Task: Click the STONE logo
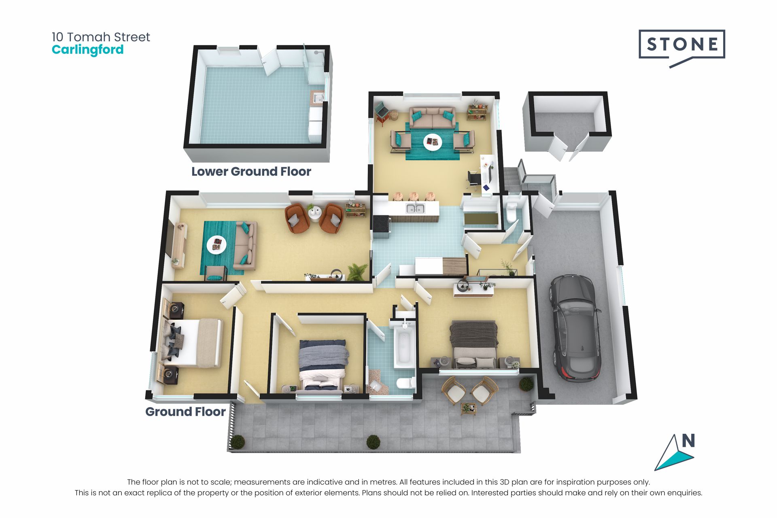coord(682,47)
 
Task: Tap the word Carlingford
coord(88,50)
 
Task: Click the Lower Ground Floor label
coord(251,172)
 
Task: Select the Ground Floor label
coord(185,412)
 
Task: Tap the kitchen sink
coord(415,209)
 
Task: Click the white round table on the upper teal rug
coord(433,142)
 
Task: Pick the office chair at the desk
coord(473,179)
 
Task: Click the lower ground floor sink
coord(317,98)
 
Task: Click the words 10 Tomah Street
coord(101,37)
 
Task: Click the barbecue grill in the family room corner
coord(382,112)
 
